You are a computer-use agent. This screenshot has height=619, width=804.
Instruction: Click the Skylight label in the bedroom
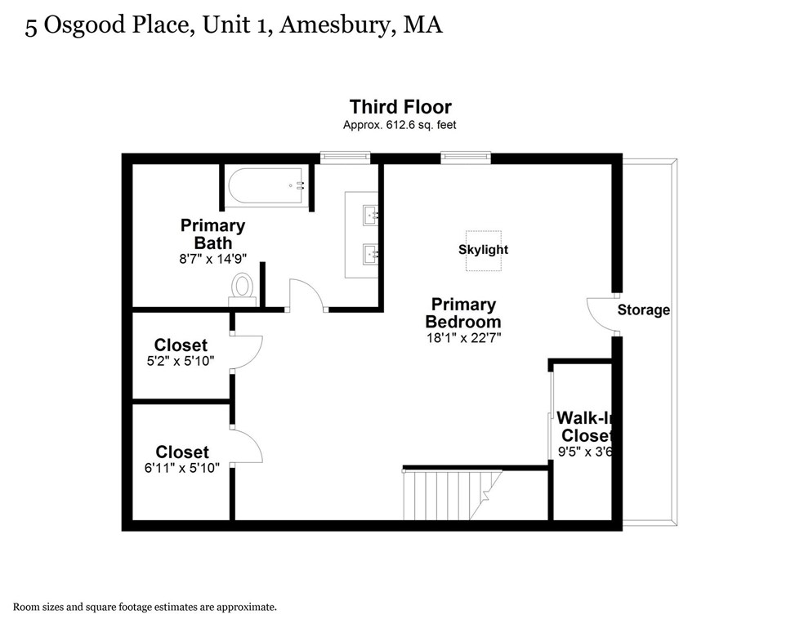(x=483, y=249)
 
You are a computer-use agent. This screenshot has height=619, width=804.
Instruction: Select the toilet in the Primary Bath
(x=243, y=287)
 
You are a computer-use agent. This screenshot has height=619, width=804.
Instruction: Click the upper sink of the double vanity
(x=371, y=215)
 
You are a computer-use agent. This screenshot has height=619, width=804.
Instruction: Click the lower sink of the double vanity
(x=371, y=253)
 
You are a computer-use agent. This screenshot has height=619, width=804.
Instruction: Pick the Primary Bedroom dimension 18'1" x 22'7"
(x=462, y=336)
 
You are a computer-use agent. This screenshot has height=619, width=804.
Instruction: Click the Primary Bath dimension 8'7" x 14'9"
(x=213, y=259)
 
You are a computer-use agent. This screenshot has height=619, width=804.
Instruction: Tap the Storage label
(x=643, y=310)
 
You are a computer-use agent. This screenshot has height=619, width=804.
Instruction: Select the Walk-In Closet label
(x=584, y=425)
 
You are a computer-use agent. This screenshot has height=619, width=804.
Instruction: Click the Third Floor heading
(x=400, y=107)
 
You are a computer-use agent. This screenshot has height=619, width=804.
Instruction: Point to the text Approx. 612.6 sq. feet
(x=400, y=126)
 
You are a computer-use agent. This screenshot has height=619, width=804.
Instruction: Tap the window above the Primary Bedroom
(x=466, y=156)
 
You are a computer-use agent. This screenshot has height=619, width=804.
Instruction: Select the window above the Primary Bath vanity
(x=345, y=156)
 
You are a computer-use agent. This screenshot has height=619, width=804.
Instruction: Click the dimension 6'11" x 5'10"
(x=182, y=468)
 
